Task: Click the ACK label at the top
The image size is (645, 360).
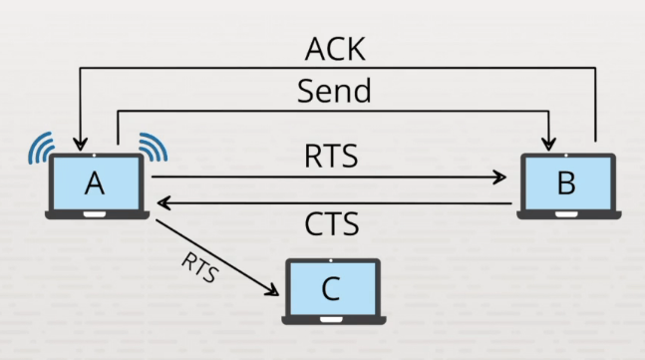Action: [x=335, y=49]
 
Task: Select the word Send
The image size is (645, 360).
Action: [x=334, y=91]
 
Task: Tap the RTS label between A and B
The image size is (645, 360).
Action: [x=331, y=157]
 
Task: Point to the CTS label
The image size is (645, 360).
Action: [x=332, y=224]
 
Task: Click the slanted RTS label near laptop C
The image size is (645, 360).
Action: [x=200, y=268]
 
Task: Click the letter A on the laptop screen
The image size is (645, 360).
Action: [x=95, y=183]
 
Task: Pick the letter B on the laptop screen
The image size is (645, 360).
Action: [x=566, y=182]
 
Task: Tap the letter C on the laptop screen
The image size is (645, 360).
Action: [x=331, y=289]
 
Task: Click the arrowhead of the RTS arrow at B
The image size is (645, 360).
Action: [x=499, y=178]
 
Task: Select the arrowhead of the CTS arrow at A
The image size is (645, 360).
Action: [x=164, y=202]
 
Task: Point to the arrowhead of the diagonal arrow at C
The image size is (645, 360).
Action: [x=272, y=290]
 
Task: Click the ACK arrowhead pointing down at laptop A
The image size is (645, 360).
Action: [x=80, y=145]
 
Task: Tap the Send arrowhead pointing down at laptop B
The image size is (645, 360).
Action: [x=548, y=145]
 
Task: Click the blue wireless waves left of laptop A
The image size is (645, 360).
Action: [x=40, y=148]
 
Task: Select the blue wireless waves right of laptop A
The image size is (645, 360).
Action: [x=154, y=146]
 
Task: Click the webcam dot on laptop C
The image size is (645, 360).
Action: [x=331, y=261]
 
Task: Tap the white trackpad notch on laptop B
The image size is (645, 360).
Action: [x=566, y=214]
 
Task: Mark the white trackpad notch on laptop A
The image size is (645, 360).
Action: [x=95, y=214]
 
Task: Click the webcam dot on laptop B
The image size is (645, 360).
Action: [x=566, y=156]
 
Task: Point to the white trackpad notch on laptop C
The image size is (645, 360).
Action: [x=331, y=320]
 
